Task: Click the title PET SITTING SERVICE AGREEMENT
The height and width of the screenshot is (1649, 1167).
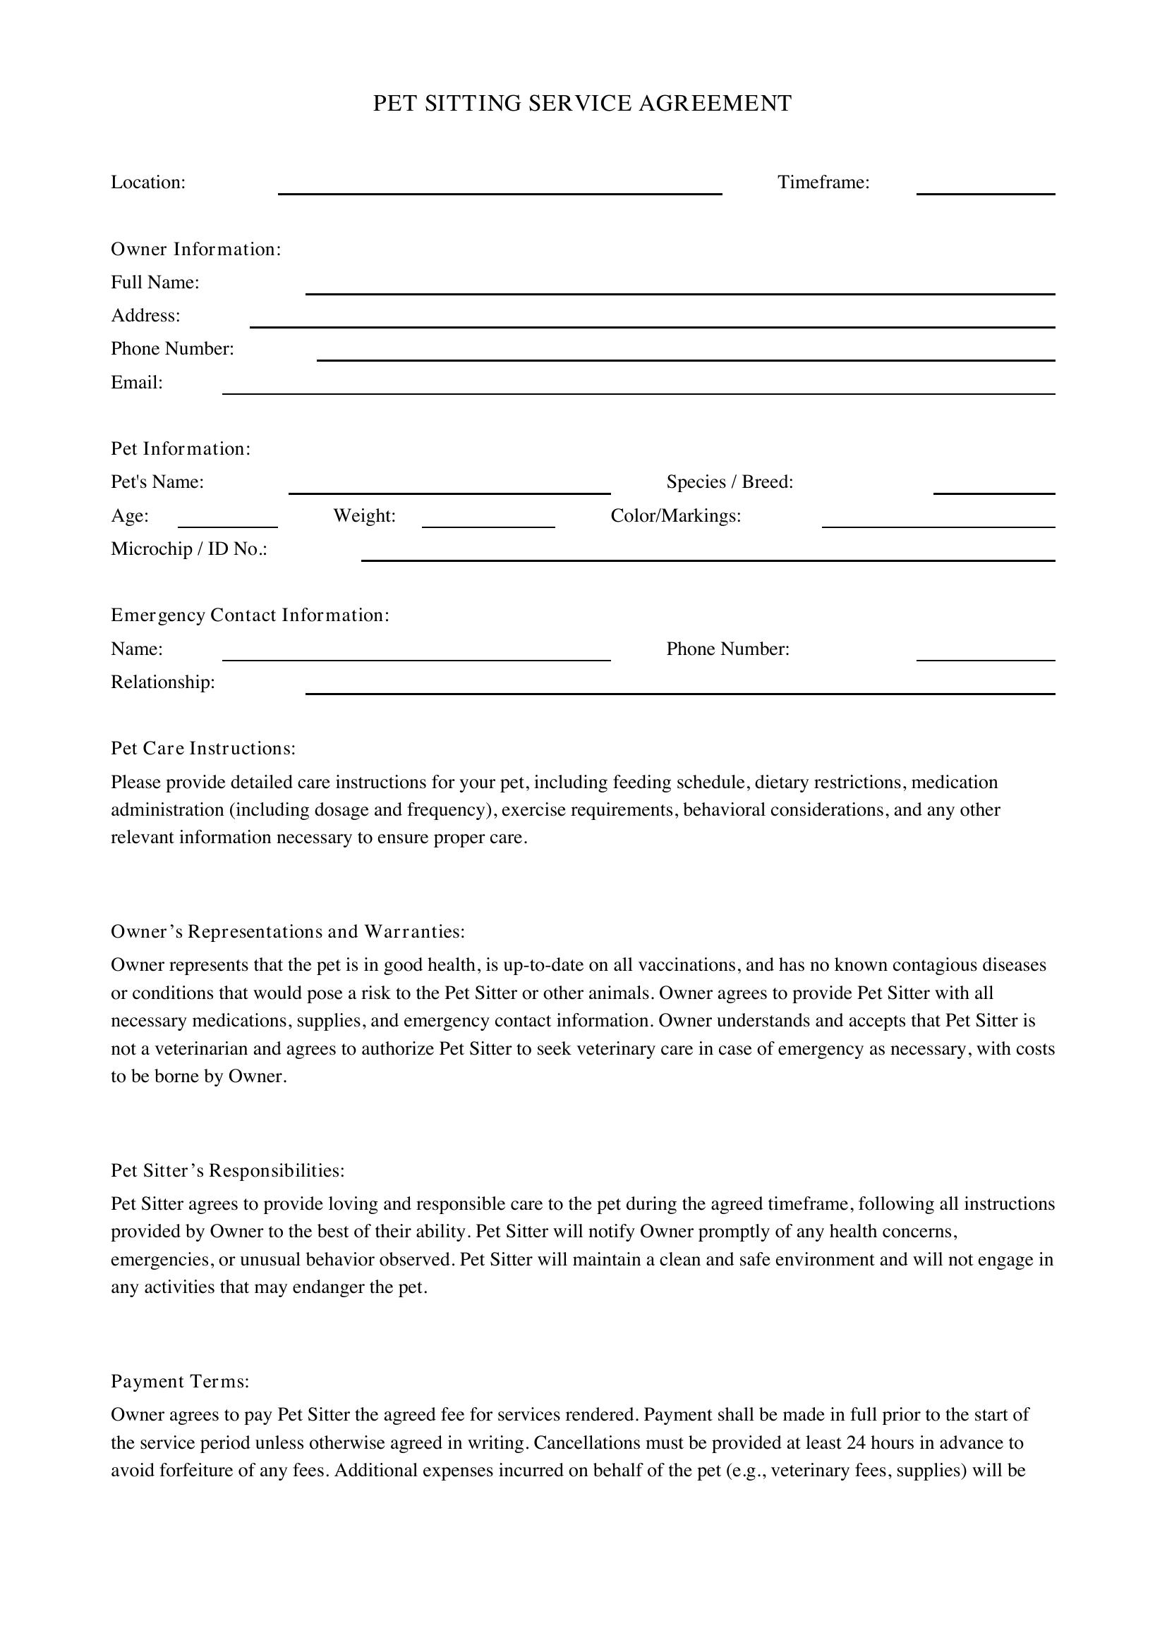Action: pos(582,104)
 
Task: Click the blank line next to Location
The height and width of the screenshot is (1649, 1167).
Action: pos(500,188)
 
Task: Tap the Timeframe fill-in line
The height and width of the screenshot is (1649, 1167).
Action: pos(985,188)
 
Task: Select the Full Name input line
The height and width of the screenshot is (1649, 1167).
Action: pos(679,288)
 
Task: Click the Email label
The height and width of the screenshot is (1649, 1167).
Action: pos(137,383)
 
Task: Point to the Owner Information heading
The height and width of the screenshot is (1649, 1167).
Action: pos(195,249)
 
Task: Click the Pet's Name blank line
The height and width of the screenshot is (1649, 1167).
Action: pos(449,488)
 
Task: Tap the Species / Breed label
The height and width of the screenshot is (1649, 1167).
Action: pos(730,482)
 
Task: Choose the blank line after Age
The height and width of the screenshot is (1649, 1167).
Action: pos(227,522)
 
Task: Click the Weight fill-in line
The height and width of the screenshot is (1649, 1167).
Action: pos(488,522)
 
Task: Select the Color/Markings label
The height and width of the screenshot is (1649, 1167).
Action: pos(675,515)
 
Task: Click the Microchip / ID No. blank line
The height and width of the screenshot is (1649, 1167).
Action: pos(708,554)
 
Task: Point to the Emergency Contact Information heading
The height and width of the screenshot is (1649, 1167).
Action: pos(250,615)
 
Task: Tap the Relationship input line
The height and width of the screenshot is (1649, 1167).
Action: pos(679,688)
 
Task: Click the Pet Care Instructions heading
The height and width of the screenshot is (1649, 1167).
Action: pos(203,749)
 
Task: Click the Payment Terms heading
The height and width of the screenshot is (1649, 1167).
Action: pos(181,1381)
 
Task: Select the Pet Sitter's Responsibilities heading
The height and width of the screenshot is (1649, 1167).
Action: pos(228,1171)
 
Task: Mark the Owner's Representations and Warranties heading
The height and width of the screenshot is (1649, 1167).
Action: pos(288,931)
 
